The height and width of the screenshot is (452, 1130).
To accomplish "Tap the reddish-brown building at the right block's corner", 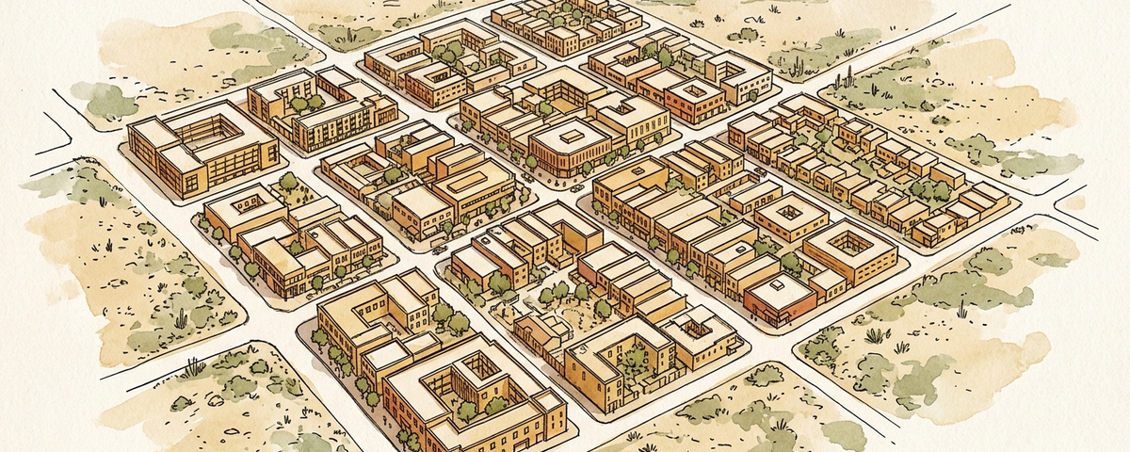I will (x=779, y=299).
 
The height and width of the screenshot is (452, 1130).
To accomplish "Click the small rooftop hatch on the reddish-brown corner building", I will (x=777, y=282).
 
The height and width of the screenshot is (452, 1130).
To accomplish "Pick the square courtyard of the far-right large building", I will (x=850, y=242).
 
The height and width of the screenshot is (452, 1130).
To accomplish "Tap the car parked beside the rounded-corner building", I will (x=576, y=187).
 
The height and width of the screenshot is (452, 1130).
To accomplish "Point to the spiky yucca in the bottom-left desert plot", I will (x=194, y=367).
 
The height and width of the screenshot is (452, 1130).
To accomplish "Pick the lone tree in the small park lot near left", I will (x=288, y=183).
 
